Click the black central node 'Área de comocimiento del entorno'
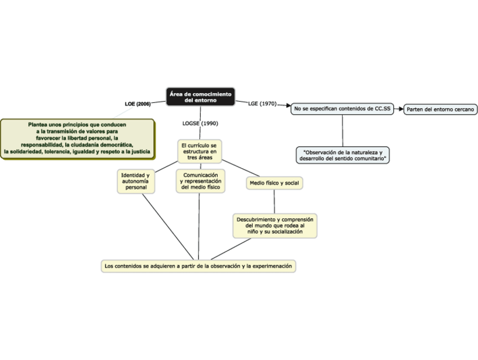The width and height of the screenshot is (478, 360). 200,96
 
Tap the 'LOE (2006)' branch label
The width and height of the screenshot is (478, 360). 138,104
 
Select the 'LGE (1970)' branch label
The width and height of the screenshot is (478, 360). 262,104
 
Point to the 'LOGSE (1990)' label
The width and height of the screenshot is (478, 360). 200,123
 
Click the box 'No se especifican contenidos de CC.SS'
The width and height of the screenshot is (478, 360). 342,108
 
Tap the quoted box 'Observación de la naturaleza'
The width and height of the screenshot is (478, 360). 343,155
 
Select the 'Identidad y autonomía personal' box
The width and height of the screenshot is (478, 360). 136,181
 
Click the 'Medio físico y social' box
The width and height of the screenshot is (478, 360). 274,183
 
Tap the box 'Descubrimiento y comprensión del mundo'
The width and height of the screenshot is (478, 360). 275,225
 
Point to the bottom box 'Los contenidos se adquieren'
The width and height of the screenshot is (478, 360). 198,266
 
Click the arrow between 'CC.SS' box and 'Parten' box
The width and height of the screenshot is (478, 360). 399,108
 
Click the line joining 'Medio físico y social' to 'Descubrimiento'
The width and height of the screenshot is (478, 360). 274,201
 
